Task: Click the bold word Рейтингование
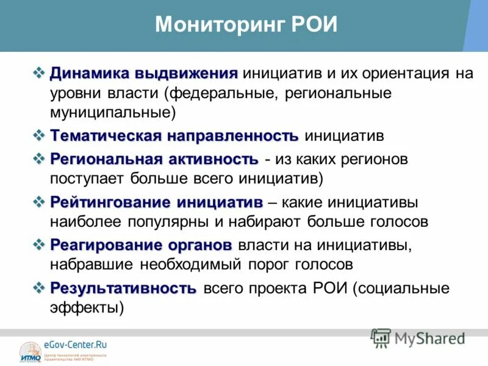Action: click(x=111, y=202)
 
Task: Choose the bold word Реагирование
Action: click(x=107, y=245)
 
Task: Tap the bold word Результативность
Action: click(x=123, y=288)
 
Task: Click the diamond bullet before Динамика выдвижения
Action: click(x=40, y=74)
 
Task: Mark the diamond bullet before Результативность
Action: click(x=40, y=287)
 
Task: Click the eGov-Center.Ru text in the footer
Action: click(x=70, y=345)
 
